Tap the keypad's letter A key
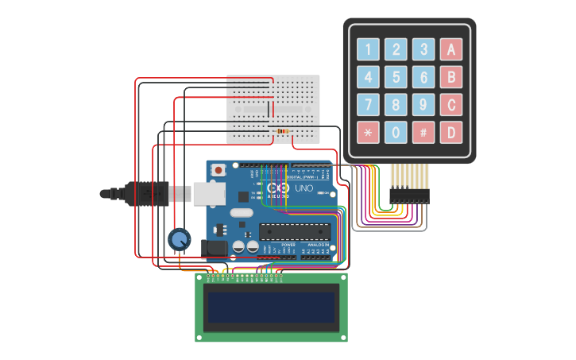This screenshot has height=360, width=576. tap(450, 50)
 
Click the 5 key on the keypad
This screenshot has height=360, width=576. tap(396, 77)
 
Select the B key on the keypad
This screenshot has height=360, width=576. tap(450, 77)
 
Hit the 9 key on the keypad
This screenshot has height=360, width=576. tap(423, 104)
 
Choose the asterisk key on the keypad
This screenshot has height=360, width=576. tap(368, 132)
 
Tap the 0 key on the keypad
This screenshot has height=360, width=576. tap(396, 132)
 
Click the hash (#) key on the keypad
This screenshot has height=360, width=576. tap(423, 132)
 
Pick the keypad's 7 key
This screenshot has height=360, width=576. tap(368, 104)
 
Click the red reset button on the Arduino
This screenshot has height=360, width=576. tap(218, 169)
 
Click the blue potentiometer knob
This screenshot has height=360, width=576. tap(180, 238)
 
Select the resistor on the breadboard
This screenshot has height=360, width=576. tap(283, 130)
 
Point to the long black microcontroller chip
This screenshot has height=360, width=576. tap(294, 231)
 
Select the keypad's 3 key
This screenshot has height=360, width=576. tap(423, 50)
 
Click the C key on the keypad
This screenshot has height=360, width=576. tap(450, 104)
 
